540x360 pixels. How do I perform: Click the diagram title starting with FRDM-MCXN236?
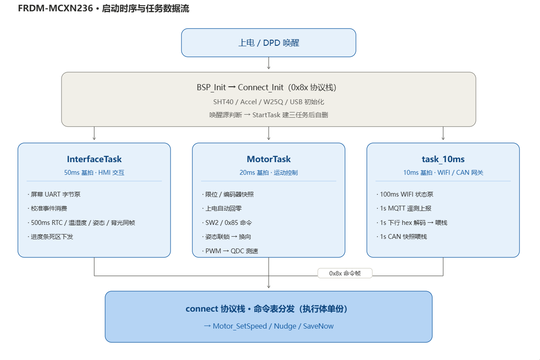[104, 8]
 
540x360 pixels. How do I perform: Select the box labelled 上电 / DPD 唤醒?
[269, 43]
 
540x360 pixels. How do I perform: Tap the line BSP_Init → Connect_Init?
[267, 87]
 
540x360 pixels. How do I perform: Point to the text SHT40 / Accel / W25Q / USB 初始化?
[269, 102]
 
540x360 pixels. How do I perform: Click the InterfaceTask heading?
[94, 159]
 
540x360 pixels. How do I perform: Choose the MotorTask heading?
[269, 159]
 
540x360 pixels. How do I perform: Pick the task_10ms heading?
[443, 159]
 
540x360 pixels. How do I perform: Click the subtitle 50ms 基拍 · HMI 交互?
[94, 173]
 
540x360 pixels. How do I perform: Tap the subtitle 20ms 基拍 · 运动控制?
[269, 173]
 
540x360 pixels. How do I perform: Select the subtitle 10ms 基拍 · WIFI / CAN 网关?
[443, 173]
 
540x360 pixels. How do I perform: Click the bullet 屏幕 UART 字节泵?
[54, 194]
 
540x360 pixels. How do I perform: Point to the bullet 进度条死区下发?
[51, 237]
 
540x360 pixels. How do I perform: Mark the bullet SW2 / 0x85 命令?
[227, 223]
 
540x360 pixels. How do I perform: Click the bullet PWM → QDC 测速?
[230, 251]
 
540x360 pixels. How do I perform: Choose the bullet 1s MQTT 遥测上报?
[404, 208]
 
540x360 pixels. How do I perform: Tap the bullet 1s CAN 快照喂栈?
[402, 237]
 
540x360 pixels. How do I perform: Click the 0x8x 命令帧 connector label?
[345, 273]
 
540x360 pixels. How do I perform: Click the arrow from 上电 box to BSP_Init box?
[269, 63]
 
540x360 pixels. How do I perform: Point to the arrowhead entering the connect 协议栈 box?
[269, 287]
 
